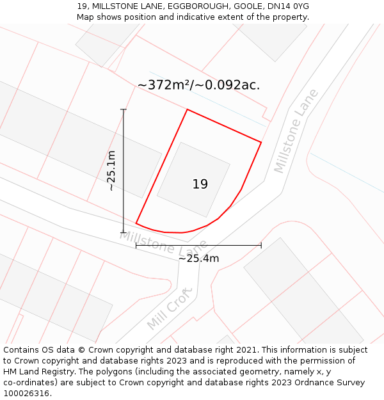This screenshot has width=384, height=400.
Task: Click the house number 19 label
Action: point(200,184)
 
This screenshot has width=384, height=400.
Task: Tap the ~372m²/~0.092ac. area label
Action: point(198,85)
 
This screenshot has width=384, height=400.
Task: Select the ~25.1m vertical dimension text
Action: point(111,171)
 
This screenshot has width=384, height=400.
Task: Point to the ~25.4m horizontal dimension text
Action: point(198,259)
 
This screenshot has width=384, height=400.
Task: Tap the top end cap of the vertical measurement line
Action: point(124,109)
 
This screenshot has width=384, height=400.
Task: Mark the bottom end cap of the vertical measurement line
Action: point(124,232)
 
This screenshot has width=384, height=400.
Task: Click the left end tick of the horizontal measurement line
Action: point(136,245)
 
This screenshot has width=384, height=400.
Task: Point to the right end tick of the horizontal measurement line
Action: point(261,245)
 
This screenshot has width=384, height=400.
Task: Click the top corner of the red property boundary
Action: point(187,109)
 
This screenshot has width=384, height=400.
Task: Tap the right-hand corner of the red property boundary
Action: point(261,142)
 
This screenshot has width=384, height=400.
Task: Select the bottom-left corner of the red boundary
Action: point(136,223)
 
